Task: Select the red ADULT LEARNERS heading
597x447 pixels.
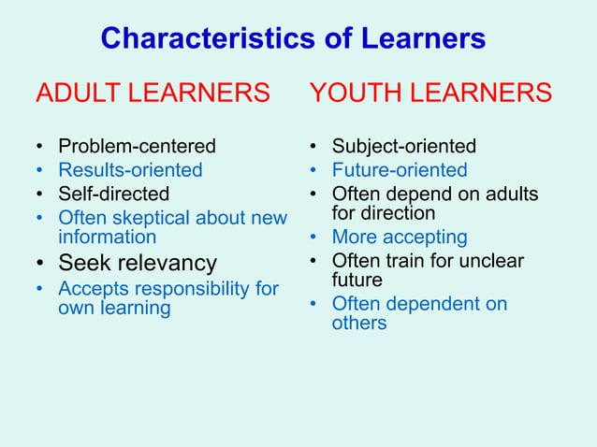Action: click(153, 94)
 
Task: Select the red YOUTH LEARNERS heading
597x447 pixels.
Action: click(430, 94)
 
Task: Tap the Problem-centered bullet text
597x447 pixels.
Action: click(137, 146)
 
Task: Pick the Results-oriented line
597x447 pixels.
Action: click(130, 170)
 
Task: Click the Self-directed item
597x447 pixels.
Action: click(114, 195)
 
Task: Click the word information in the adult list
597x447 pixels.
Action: click(108, 237)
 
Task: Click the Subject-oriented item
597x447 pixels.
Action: click(404, 146)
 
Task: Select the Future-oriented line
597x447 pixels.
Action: click(400, 170)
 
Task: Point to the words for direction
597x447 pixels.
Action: click(384, 212)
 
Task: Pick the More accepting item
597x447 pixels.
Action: click(400, 237)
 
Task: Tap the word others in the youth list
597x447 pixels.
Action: click(359, 323)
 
